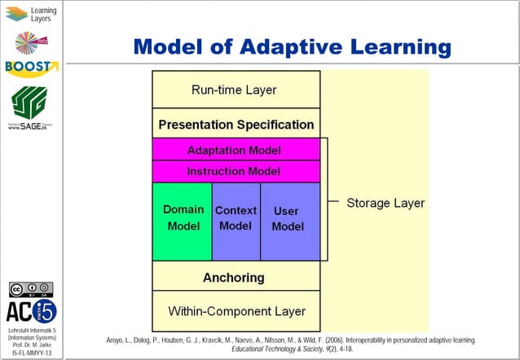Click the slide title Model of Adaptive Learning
(292, 46)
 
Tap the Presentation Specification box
(236, 125)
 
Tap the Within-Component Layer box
(236, 311)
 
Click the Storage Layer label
(386, 203)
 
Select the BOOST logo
(31, 67)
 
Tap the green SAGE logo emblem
(30, 102)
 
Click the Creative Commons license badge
(31, 288)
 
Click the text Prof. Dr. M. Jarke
(32, 345)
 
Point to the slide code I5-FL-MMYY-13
(32, 353)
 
